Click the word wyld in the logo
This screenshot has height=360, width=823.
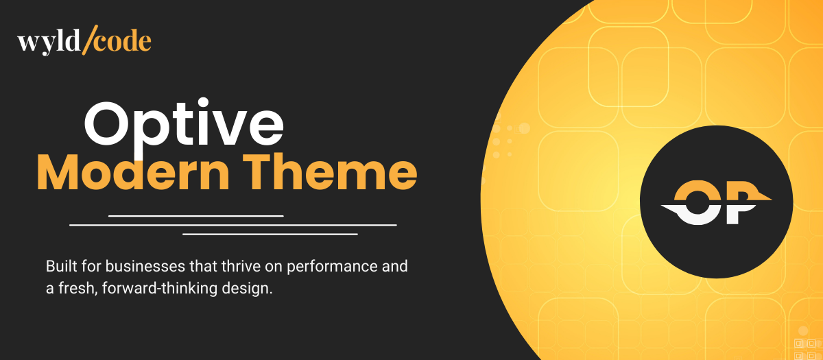click(47, 43)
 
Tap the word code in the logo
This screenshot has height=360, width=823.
click(122, 42)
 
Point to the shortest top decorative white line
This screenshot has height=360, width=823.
click(195, 215)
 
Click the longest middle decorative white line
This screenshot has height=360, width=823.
click(233, 224)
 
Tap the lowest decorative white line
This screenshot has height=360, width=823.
click(270, 234)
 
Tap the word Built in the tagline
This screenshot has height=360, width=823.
click(59, 266)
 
